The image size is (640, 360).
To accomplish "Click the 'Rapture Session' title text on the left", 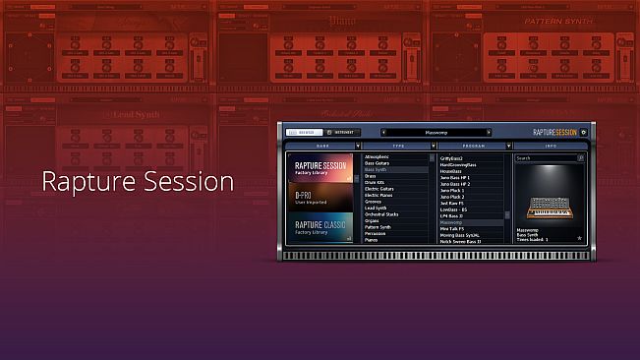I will (137, 182).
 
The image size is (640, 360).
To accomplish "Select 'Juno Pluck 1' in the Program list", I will (455, 190).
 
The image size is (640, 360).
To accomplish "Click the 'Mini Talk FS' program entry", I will (453, 229).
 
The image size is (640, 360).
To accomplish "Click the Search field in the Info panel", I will (546, 157).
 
